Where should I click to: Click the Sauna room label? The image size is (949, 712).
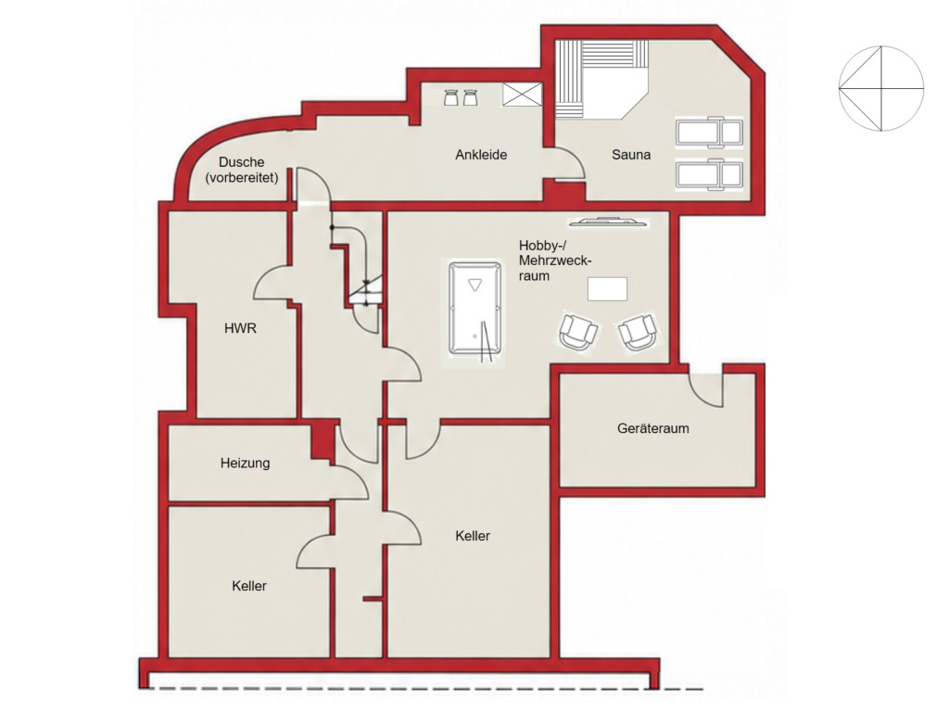click(630, 155)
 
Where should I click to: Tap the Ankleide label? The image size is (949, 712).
click(481, 155)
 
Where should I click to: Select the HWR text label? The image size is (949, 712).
click(240, 328)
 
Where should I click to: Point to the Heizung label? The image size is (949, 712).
click(245, 464)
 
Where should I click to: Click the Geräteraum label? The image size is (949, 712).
click(653, 428)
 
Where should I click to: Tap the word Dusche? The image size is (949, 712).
click(242, 162)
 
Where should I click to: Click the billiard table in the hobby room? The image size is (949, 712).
click(475, 308)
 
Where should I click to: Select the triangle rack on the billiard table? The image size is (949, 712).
click(475, 285)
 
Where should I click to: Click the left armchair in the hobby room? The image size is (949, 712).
click(578, 331)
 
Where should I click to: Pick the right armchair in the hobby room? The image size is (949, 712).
click(638, 331)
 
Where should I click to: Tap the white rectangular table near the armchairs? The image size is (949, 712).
click(607, 289)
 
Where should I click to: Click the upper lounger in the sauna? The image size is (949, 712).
click(709, 132)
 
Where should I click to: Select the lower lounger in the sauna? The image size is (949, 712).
click(709, 175)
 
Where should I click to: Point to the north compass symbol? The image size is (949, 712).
click(881, 88)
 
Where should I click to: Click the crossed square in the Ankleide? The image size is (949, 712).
click(522, 95)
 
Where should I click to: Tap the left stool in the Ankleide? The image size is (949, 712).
click(451, 97)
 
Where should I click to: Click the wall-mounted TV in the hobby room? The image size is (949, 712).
click(608, 222)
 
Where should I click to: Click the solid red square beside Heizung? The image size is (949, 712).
click(323, 441)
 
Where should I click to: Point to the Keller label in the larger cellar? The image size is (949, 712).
click(473, 536)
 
